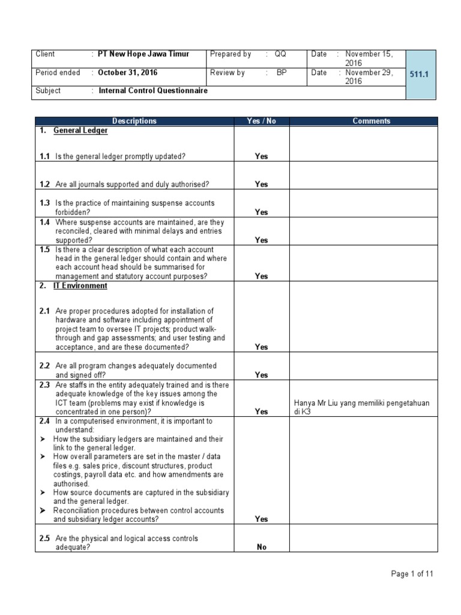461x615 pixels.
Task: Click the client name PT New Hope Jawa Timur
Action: (x=143, y=54)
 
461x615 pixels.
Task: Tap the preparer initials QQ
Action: (x=280, y=54)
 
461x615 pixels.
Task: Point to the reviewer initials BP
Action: (x=281, y=73)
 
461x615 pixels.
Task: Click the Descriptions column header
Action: (x=134, y=121)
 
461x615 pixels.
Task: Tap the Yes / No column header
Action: (x=261, y=121)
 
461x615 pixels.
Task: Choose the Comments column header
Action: (x=371, y=121)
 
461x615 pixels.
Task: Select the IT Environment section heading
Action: (x=80, y=286)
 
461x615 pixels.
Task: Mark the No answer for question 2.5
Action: (x=261, y=547)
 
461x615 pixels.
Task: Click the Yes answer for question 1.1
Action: (x=261, y=156)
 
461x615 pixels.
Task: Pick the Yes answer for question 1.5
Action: (x=261, y=276)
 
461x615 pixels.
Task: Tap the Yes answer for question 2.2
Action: (x=261, y=375)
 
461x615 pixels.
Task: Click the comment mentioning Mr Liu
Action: (x=361, y=407)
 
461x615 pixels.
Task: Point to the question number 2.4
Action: (x=45, y=422)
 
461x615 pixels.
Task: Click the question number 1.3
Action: (x=45, y=204)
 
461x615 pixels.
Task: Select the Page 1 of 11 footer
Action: (x=412, y=574)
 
